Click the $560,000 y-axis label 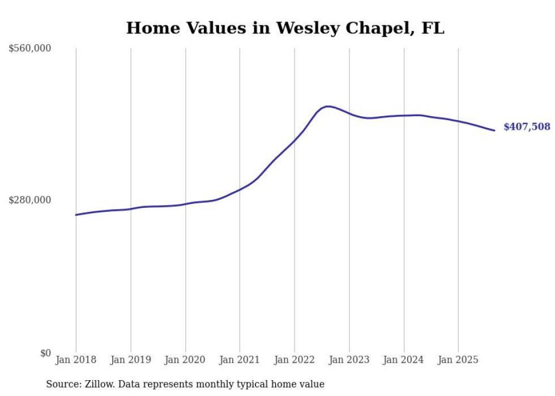click(x=30, y=49)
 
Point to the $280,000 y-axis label click(x=30, y=200)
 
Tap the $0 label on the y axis click(x=44, y=353)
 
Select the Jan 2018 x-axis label click(x=76, y=360)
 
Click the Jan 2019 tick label click(x=131, y=360)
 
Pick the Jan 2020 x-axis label click(x=185, y=360)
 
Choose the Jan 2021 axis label click(x=240, y=360)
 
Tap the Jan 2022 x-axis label click(x=294, y=360)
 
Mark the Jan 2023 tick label click(x=349, y=360)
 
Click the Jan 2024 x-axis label click(x=404, y=360)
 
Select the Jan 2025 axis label click(x=458, y=360)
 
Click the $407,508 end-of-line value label click(x=527, y=127)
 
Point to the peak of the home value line click(x=327, y=106)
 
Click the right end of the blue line click(x=494, y=130)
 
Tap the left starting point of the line click(x=76, y=215)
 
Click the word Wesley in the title click(x=306, y=28)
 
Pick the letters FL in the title click(x=433, y=28)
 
